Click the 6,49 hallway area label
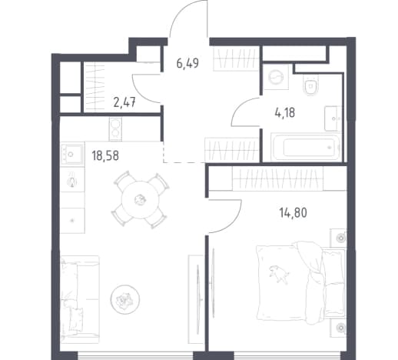click(x=187, y=63)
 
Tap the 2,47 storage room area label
click(x=124, y=103)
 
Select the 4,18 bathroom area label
click(x=285, y=112)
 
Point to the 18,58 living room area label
click(x=105, y=155)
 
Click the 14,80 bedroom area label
click(x=294, y=213)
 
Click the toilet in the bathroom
click(x=310, y=85)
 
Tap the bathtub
click(x=305, y=147)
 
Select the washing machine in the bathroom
click(x=276, y=77)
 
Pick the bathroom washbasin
click(x=333, y=118)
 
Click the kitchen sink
click(x=71, y=154)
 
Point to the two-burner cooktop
click(x=115, y=128)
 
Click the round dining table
click(x=140, y=200)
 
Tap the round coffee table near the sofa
click(x=125, y=299)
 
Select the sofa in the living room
click(x=80, y=299)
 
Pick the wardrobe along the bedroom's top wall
click(x=277, y=178)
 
